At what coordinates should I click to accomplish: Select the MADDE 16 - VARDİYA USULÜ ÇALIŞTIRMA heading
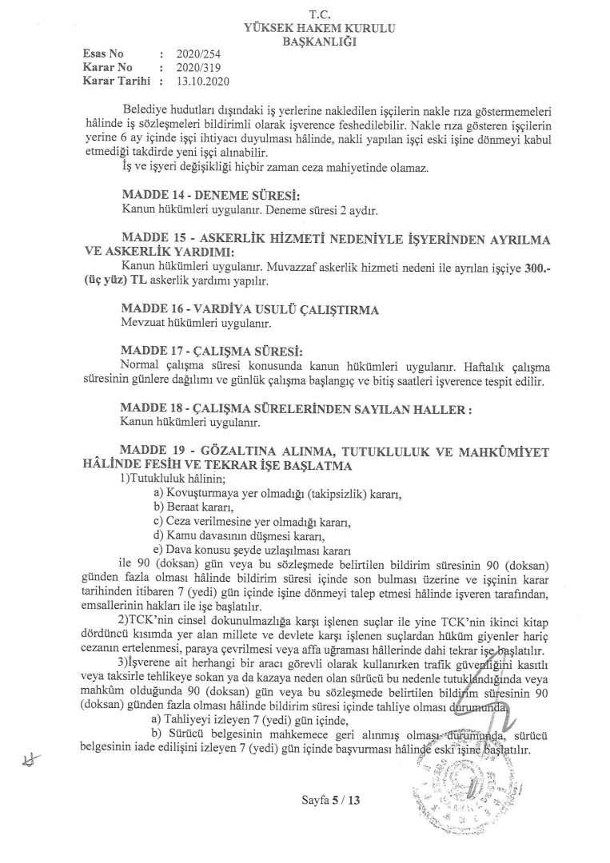[x=238, y=308]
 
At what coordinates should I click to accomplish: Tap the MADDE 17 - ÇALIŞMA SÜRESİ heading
[x=214, y=348]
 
